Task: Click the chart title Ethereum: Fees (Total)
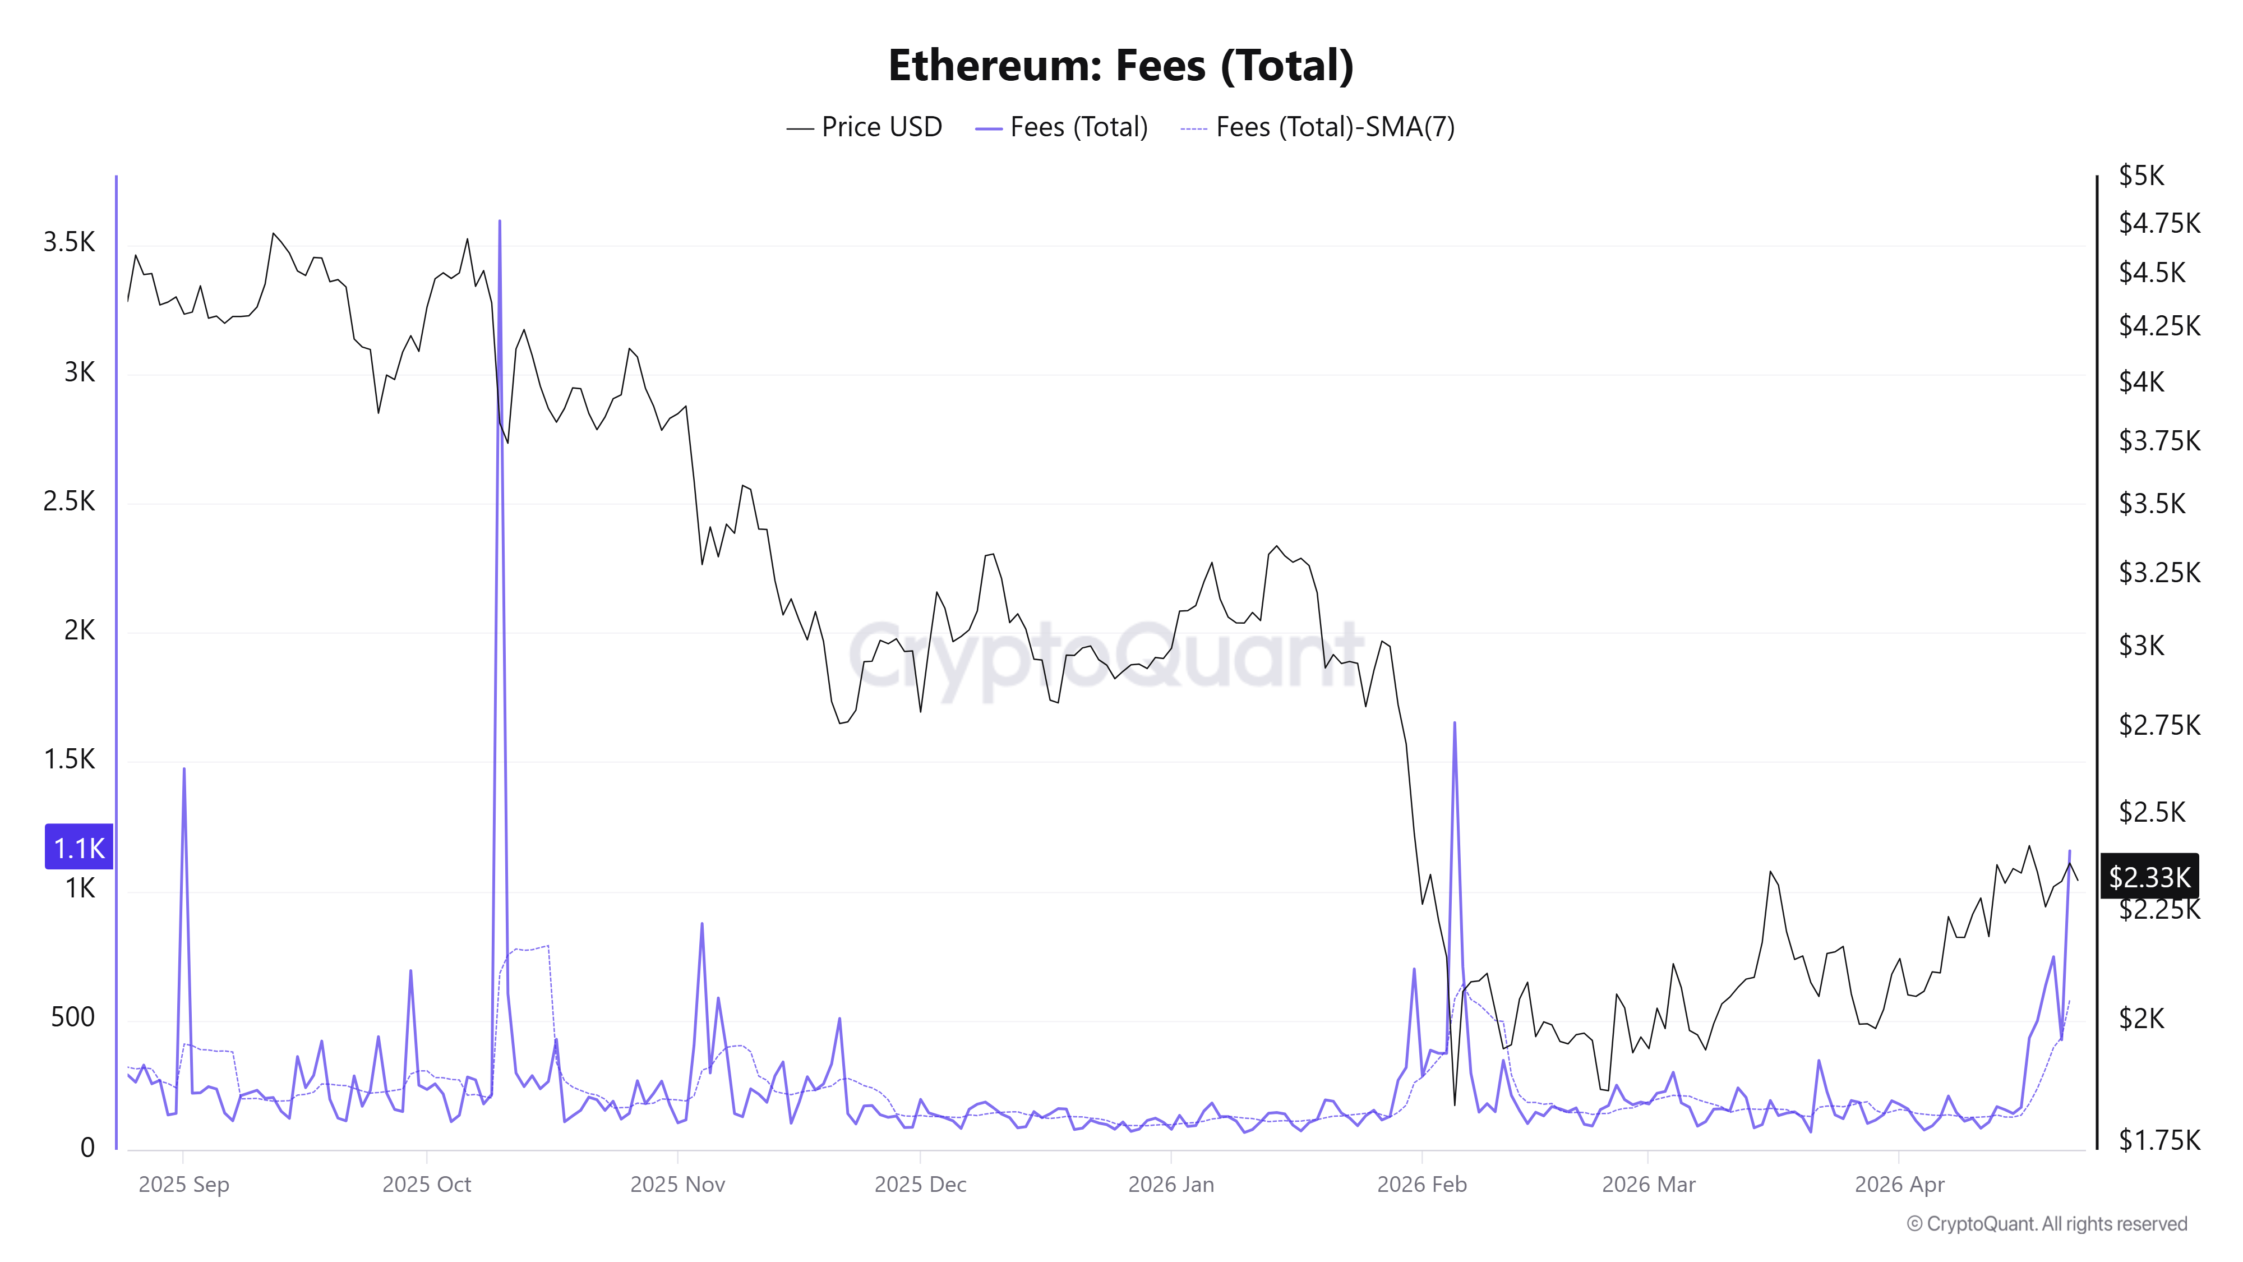coord(1120,65)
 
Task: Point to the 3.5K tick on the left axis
coord(69,242)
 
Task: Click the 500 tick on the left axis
coord(72,1016)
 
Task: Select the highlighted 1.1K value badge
coord(79,848)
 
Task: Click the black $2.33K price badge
coord(2149,876)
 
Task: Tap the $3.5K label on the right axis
coord(2152,504)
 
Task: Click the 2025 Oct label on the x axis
coord(427,1185)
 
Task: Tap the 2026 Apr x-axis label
coord(1899,1185)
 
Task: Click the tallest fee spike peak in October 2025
coord(499,222)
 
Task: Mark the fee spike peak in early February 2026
coord(1454,723)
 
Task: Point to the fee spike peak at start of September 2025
coord(184,770)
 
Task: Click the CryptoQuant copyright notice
coord(2046,1224)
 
